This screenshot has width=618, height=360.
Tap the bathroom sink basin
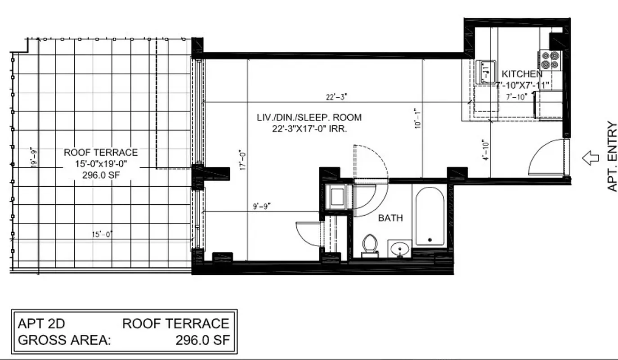coord(399,248)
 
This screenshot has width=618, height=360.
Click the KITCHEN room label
coord(522,74)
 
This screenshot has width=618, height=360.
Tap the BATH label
coord(390,218)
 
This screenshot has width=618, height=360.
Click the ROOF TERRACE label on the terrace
coord(101,153)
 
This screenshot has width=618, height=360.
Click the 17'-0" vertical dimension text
coord(243,160)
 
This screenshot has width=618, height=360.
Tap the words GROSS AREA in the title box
coord(64,340)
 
